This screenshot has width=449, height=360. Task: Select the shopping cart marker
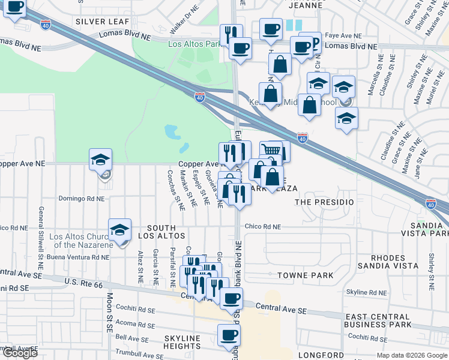[271, 150]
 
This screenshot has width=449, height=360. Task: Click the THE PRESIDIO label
[324, 202]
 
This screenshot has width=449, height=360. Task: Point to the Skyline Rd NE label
[367, 292]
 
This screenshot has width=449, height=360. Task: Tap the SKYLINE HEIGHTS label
[182, 342]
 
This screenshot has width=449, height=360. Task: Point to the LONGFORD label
[322, 355]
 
